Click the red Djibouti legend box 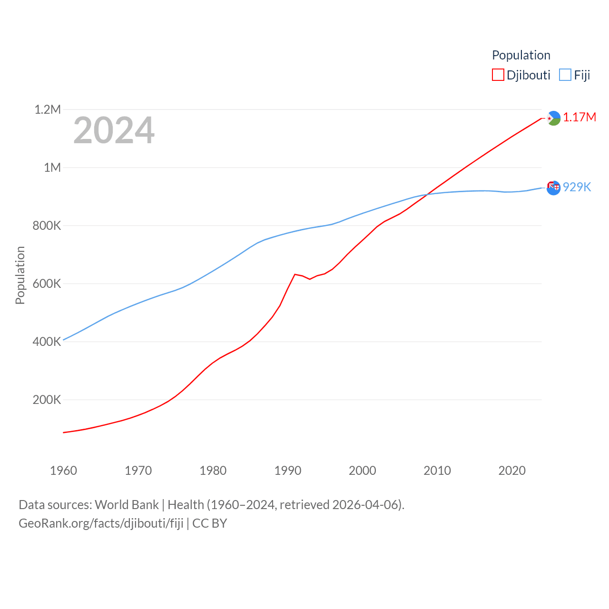[498, 75]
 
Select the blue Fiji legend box [565, 75]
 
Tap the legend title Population [521, 55]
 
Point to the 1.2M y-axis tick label [48, 110]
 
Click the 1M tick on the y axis [52, 167]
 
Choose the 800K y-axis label [47, 226]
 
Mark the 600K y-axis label [47, 284]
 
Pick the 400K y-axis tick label [47, 342]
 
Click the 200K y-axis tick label [47, 400]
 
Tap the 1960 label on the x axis [63, 471]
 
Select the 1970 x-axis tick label [138, 471]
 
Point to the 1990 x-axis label [288, 471]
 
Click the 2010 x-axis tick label [437, 471]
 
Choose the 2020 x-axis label [512, 471]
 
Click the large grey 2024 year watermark [114, 130]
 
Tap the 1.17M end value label [580, 118]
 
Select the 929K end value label [577, 187]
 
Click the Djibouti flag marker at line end [553, 118]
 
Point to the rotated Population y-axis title [20, 275]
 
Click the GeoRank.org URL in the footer [101, 523]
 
